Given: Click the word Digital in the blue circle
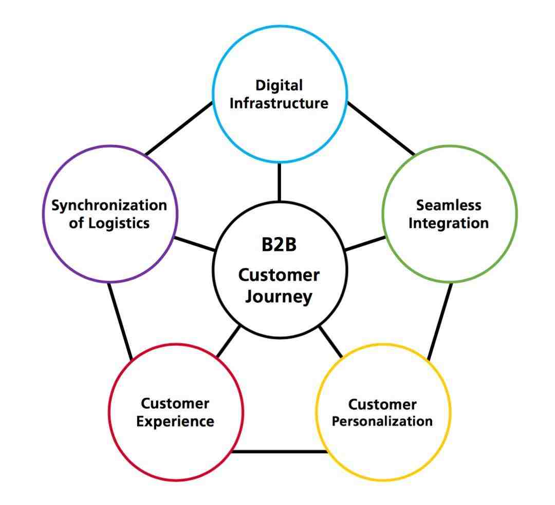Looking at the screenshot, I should [280, 85].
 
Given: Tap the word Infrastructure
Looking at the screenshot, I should [279, 103].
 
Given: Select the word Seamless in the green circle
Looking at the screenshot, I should [449, 205].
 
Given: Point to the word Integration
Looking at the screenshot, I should [449, 223].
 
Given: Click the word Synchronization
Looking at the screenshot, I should [109, 205].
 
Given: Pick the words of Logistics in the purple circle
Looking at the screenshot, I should [109, 223].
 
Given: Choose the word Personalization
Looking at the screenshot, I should [382, 421].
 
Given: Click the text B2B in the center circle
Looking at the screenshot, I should [279, 245].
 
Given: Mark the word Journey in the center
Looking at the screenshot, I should [279, 297].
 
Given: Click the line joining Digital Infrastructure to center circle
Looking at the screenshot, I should [280, 182].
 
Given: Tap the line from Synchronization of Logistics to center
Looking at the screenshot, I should [194, 244].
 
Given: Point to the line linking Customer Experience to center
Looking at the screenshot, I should [228, 341].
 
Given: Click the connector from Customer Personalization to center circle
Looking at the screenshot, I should [330, 341].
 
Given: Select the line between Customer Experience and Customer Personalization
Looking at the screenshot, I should [280, 452].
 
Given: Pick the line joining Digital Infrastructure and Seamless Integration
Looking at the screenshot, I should [380, 128].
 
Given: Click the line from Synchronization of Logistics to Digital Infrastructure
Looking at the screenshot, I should [179, 128].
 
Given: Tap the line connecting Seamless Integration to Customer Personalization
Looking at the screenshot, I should [440, 321].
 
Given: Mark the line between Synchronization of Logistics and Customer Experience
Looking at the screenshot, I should [120, 321].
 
